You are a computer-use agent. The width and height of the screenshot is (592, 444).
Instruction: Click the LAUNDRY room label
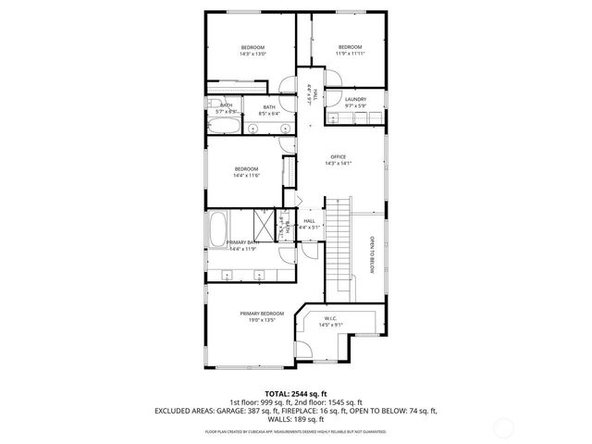pos(355,99)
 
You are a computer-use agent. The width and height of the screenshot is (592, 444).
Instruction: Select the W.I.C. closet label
pos(330,318)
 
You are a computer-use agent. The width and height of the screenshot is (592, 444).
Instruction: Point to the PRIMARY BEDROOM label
pos(262,314)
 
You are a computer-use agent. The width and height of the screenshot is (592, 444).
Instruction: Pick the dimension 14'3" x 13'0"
pos(253,54)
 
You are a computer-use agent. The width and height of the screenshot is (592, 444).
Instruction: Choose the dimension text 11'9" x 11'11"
pos(349,54)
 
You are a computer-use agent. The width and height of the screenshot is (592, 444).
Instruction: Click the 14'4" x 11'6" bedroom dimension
pos(245,175)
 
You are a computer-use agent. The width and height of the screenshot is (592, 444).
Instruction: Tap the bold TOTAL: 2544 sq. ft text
pos(296,394)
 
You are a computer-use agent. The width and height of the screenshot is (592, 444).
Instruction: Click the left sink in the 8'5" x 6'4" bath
pos(253,128)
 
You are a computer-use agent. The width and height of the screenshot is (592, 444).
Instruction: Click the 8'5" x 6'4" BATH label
pos(269,107)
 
